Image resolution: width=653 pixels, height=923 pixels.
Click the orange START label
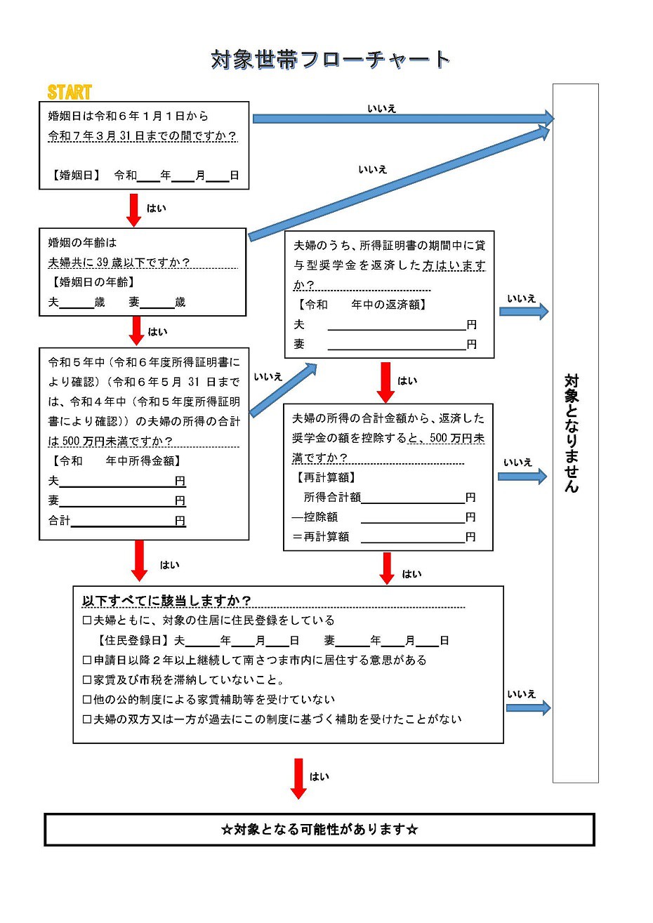pyautogui.click(x=69, y=92)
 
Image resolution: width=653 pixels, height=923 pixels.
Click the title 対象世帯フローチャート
pyautogui.click(x=330, y=60)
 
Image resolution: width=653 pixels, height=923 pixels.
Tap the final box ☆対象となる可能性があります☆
pyautogui.click(x=319, y=830)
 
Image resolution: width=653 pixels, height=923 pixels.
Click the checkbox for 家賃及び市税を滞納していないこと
pyautogui.click(x=87, y=680)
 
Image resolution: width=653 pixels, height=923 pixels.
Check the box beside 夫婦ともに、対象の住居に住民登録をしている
pyautogui.click(x=87, y=620)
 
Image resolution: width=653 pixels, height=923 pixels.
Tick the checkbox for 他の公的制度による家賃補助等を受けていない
pyautogui.click(x=87, y=700)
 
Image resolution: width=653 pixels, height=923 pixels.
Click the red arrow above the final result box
pyautogui.click(x=298, y=778)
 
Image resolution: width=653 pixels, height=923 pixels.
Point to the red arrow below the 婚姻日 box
pyautogui.click(x=134, y=209)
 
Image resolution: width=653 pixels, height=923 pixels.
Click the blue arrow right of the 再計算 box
pyautogui.click(x=522, y=477)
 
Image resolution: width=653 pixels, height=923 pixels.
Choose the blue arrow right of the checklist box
pyautogui.click(x=528, y=708)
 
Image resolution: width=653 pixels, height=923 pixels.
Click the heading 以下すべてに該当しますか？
pyautogui.click(x=166, y=601)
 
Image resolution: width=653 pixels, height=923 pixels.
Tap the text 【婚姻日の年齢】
pyautogui.click(x=92, y=282)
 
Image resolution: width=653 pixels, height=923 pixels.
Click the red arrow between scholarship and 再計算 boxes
pyautogui.click(x=385, y=382)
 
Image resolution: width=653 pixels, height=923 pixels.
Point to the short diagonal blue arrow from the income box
pyautogui.click(x=283, y=390)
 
